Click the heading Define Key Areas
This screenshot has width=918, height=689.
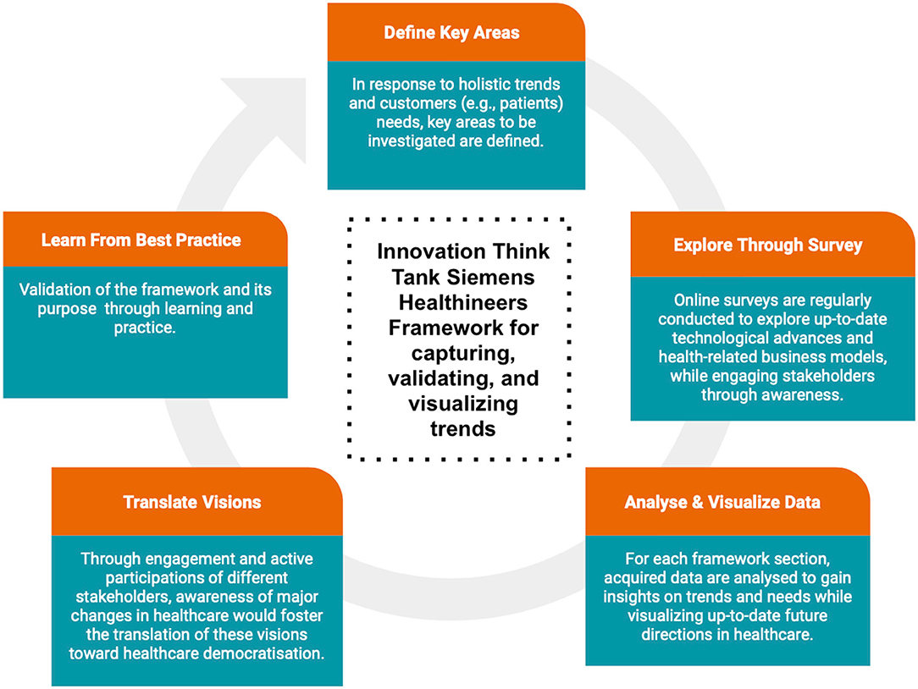451,33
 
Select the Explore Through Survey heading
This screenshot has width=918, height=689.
767,245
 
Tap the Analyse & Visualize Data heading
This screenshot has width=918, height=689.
722,502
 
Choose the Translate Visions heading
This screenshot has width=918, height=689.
192,502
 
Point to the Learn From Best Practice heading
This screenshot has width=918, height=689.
141,240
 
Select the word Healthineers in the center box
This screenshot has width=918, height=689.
463,303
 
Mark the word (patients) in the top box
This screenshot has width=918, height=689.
532,103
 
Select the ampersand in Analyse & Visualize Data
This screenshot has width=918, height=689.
697,502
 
